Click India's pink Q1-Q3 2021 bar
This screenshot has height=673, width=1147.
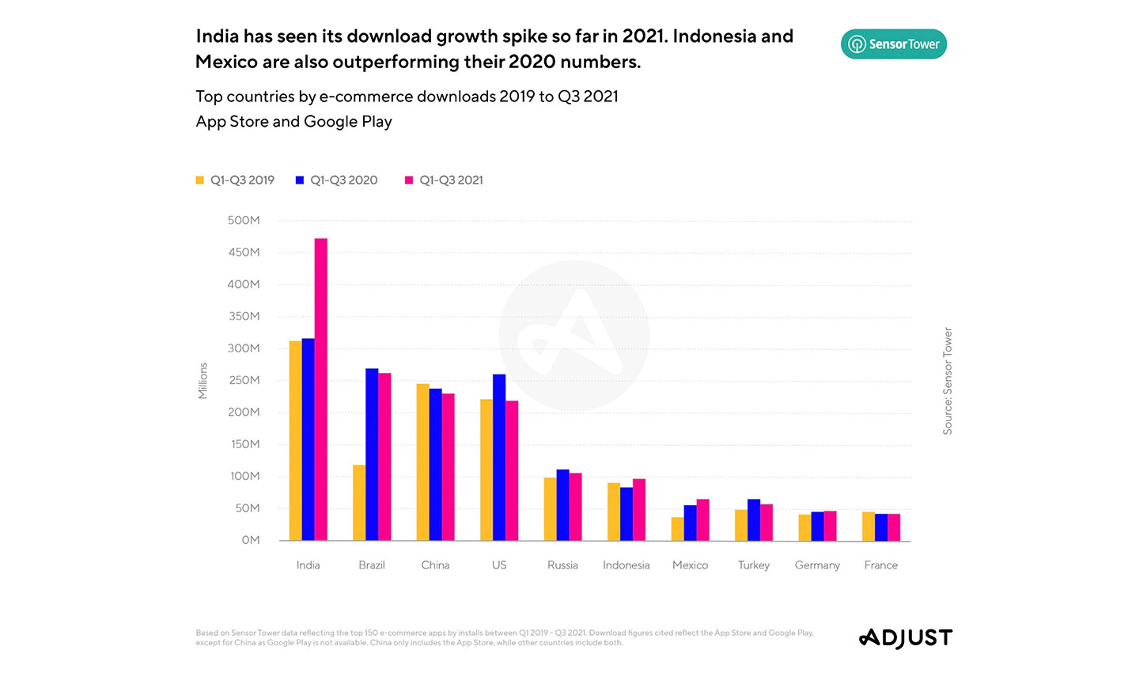[320, 390]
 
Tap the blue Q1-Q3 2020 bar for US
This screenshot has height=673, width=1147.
[499, 458]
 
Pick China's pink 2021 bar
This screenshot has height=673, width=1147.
[449, 467]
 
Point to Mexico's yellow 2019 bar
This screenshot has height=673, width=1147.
[677, 529]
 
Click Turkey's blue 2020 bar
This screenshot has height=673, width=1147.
[754, 520]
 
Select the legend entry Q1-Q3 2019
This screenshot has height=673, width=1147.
[235, 181]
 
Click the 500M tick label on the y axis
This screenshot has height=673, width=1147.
[244, 221]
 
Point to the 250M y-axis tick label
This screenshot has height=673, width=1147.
[244, 381]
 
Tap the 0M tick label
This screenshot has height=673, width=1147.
[251, 540]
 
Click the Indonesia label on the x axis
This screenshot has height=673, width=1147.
[626, 565]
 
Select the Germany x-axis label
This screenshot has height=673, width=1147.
[817, 565]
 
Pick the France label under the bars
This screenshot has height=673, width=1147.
[881, 565]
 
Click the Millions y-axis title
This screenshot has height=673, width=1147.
[203, 381]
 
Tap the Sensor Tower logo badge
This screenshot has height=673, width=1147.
[894, 44]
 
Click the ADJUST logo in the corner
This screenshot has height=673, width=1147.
[906, 638]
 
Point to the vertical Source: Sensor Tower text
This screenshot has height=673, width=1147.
[948, 381]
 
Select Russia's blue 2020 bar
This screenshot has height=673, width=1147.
[562, 505]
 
